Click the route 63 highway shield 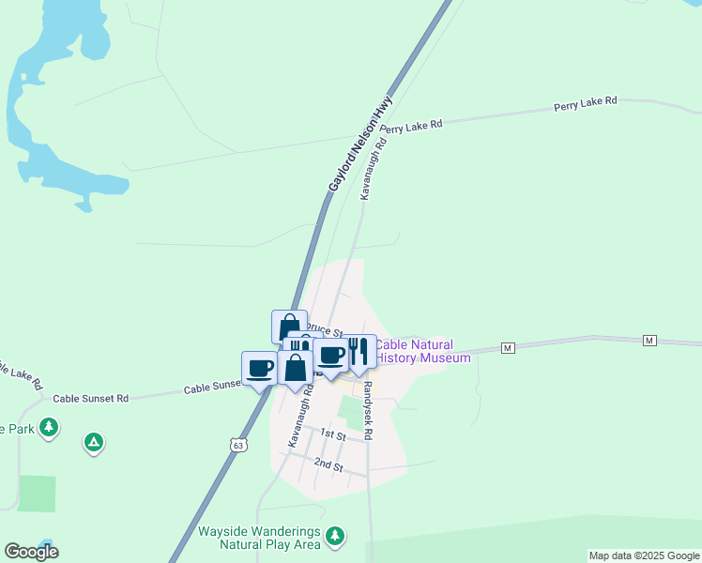click(239, 446)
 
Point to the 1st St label click(333, 434)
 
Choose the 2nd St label click(328, 464)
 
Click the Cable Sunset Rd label click(90, 398)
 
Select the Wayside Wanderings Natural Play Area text click(259, 537)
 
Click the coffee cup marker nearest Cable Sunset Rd click(259, 367)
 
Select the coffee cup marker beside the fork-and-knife click(330, 354)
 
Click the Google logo click(31, 552)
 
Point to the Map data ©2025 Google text click(644, 555)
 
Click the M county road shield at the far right click(649, 339)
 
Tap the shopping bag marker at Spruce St click(289, 326)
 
